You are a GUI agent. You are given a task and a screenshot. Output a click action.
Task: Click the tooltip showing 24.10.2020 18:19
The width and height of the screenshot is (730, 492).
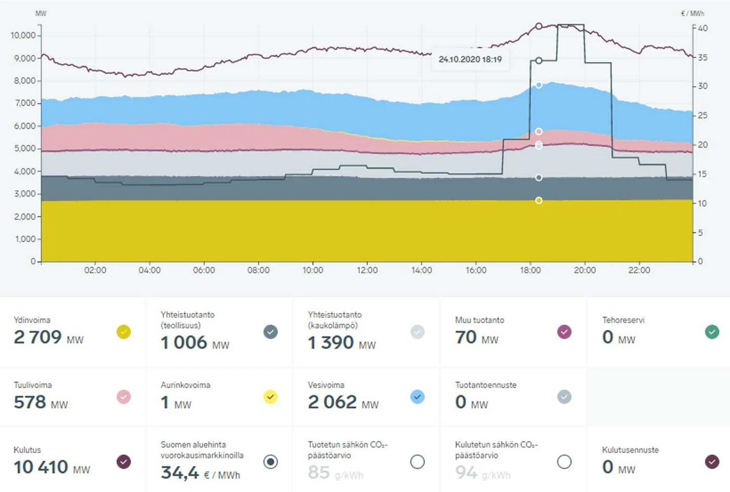coord(470,59)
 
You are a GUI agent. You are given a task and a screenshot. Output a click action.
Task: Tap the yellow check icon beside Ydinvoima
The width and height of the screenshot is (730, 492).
coord(124,332)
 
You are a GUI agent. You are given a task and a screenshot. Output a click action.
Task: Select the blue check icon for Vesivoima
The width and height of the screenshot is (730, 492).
coord(417,397)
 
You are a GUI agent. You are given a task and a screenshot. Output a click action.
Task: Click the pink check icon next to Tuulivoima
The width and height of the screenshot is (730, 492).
coord(124,397)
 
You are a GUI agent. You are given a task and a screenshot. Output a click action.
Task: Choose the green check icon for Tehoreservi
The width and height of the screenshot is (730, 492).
coord(712,332)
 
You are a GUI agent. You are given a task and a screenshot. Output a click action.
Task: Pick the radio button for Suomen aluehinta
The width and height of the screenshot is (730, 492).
coord(271,462)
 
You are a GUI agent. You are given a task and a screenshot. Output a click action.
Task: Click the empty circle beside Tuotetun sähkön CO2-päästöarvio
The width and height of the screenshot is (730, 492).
coord(417,462)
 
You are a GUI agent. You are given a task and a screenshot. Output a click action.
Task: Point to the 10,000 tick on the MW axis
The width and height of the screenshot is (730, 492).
coord(23,35)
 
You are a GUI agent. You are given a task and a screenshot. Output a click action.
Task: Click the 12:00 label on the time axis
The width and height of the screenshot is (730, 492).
coord(367,270)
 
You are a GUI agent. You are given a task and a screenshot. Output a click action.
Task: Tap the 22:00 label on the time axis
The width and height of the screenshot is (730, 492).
coord(639,270)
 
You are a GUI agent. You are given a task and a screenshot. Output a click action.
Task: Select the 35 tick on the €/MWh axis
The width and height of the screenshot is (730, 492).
coord(703,57)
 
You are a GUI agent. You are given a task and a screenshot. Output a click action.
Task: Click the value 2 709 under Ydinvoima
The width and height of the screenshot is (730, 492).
coord(38,337)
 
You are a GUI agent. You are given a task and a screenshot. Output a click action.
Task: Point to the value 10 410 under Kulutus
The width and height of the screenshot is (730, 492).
coord(41,467)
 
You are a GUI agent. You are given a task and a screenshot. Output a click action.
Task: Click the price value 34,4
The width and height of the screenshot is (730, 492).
coord(180,473)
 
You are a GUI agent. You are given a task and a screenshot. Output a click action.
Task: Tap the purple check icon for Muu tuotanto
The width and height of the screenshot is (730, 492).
coord(564,332)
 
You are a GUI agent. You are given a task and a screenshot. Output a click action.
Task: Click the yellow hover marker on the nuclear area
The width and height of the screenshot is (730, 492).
coord(539,200)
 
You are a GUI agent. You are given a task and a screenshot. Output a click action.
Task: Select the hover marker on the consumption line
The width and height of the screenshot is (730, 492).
coord(539,26)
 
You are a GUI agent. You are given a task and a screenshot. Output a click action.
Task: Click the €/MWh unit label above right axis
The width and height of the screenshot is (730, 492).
coord(692,14)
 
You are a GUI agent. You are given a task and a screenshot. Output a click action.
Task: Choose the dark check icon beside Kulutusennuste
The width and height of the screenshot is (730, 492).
coord(712,462)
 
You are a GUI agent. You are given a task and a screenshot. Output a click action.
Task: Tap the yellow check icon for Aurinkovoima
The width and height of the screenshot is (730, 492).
coord(270,397)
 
